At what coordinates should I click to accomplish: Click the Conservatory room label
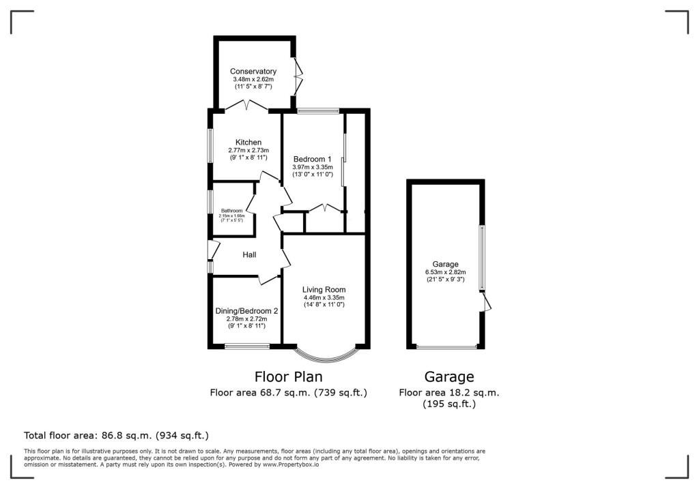pos(253,72)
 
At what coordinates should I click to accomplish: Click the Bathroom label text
pos(231,211)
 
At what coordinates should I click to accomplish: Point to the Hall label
pos(249,254)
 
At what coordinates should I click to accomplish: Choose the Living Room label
pos(324,290)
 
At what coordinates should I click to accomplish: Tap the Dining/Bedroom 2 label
pos(246,311)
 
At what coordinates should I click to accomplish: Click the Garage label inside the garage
pos(445,264)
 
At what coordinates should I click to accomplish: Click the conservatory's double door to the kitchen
pos(247,105)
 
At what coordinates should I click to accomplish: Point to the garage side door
pos(486,302)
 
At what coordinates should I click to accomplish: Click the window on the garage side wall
pos(481,258)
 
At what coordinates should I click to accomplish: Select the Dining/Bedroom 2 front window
pos(247,346)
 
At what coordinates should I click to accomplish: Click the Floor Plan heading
pos(288,376)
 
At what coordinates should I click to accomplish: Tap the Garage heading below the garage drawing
pos(448,376)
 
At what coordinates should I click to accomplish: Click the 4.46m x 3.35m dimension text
pos(324,298)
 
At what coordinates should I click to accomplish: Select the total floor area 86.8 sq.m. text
pos(116,435)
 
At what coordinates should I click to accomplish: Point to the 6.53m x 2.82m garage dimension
pos(445,272)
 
